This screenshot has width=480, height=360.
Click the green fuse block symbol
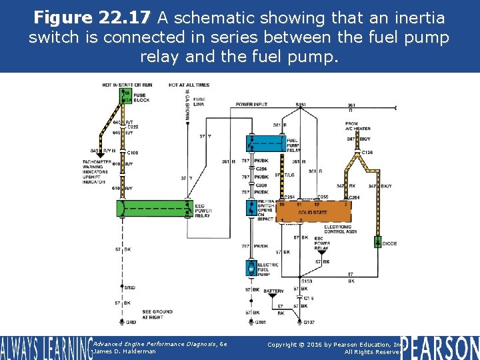pos(126,97)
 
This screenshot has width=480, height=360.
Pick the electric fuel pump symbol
pos(250,269)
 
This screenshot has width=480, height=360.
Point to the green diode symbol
pos(377,242)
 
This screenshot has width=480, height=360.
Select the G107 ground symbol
pos(309,321)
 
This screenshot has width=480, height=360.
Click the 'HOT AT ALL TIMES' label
pos(189,85)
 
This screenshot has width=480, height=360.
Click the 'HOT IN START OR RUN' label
pos(127,85)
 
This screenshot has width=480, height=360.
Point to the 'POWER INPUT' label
pos(251,105)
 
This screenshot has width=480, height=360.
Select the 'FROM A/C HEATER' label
pos(351,126)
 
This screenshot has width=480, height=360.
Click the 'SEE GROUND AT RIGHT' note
pos(157,314)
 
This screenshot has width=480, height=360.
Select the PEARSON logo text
pos(440,347)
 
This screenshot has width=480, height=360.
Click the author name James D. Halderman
pos(125,351)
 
